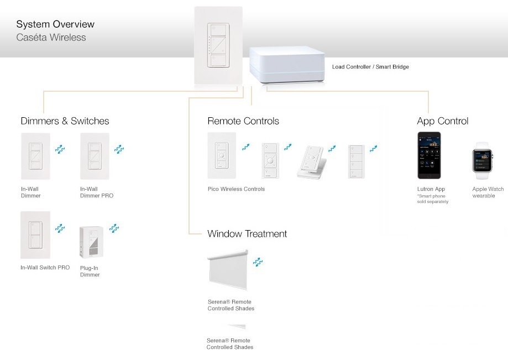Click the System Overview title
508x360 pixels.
(55, 24)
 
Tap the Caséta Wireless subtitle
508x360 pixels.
(51, 38)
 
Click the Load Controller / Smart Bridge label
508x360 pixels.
(370, 67)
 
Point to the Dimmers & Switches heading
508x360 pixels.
(65, 121)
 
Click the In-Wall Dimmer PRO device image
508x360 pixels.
(95, 156)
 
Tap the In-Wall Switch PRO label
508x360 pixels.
(45, 268)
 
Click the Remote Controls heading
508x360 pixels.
(243, 121)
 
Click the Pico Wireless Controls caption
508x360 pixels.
(236, 189)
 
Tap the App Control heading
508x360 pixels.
(443, 121)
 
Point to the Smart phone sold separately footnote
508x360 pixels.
(433, 199)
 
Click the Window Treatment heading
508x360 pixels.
(247, 234)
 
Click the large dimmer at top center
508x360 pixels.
(218, 46)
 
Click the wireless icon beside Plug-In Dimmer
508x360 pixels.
(114, 228)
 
